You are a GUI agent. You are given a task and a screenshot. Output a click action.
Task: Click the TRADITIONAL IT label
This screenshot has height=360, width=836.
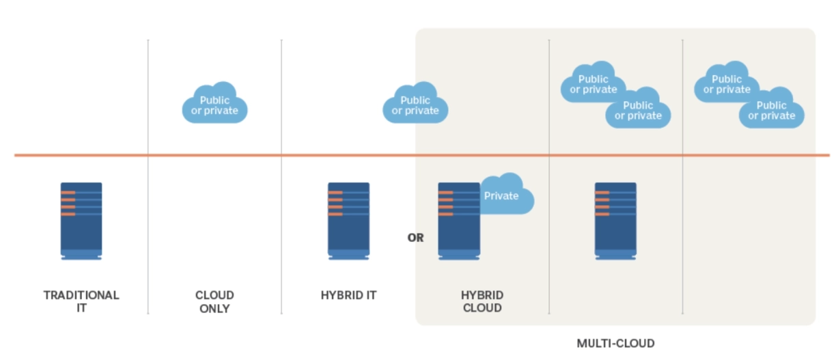coord(81,301)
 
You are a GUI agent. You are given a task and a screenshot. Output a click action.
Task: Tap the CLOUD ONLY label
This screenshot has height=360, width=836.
coord(214,301)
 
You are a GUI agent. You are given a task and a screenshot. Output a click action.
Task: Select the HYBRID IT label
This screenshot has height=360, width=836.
coord(348,295)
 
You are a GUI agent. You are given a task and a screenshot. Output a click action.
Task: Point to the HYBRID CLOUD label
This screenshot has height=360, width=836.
coord(482,301)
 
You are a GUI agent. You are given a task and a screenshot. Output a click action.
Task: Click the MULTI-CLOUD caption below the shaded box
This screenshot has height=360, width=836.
coord(615,343)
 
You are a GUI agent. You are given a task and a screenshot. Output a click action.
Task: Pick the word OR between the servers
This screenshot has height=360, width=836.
coord(415,238)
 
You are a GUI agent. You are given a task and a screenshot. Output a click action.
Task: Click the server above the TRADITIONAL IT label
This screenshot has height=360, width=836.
coord(81,221)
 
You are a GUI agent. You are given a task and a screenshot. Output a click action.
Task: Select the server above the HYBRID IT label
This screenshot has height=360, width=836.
coord(348,221)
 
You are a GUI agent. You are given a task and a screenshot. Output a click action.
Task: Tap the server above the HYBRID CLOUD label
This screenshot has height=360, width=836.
coord(458,221)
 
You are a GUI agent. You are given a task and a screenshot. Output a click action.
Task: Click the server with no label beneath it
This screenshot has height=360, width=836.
coord(615,221)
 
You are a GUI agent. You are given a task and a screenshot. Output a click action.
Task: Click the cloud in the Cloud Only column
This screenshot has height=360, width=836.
coord(214,105)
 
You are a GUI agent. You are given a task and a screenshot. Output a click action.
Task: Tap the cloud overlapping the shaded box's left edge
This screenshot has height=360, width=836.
coord(415,105)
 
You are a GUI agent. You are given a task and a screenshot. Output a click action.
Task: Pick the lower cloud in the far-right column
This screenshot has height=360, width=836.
coord(772,109)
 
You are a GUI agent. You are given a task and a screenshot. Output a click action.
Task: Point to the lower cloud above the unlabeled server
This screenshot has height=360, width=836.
coord(639,109)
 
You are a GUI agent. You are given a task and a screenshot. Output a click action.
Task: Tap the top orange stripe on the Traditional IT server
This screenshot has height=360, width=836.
coord(68,193)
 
